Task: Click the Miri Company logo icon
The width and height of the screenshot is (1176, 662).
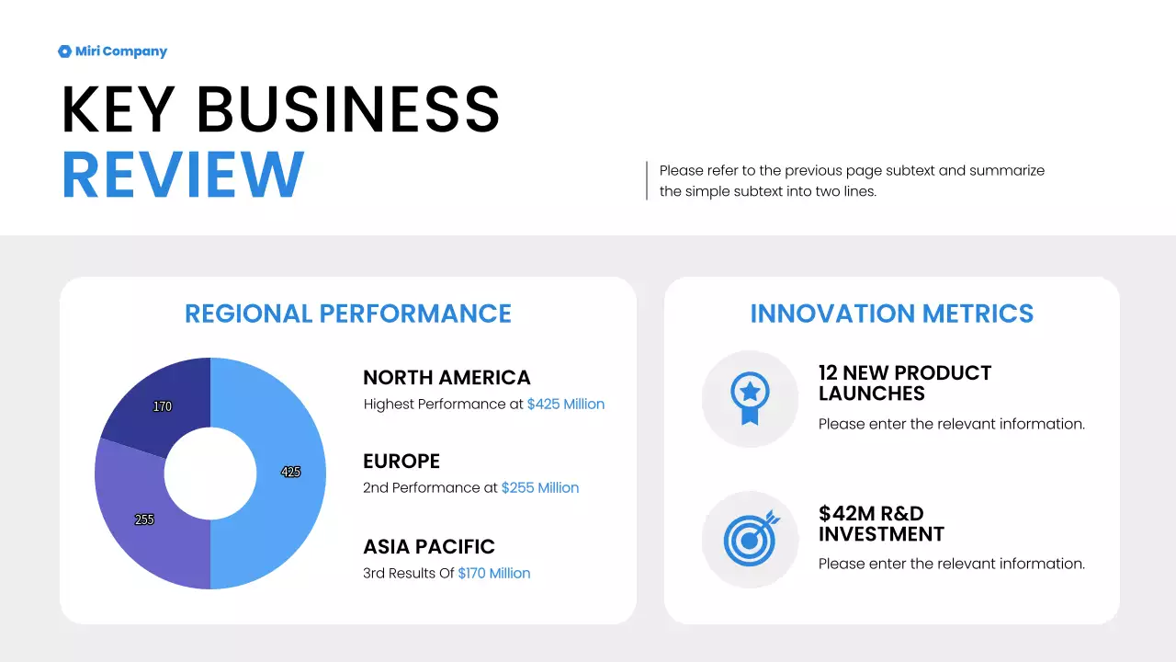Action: click(64, 51)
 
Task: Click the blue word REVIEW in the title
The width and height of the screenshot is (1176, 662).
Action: click(183, 175)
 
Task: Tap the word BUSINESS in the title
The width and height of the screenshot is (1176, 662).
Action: click(348, 109)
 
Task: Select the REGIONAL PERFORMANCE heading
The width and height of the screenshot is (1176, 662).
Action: click(348, 314)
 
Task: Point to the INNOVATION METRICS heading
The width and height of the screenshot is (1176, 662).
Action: click(891, 314)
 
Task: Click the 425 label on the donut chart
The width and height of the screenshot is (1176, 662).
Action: click(290, 472)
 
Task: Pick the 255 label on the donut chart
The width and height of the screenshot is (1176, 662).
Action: click(144, 519)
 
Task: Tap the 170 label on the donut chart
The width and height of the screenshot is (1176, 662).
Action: click(163, 406)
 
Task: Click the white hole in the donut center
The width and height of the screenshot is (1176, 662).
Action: click(210, 474)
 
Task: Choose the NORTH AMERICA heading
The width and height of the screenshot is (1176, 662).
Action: click(447, 378)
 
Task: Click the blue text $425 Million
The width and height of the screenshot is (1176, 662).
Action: click(565, 405)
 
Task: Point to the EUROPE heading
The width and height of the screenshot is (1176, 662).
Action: click(401, 462)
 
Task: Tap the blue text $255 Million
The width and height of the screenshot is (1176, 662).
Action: click(539, 488)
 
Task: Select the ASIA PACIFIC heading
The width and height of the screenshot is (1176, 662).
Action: click(429, 547)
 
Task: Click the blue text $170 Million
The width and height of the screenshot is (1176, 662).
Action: click(493, 574)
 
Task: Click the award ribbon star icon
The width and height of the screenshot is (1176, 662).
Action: click(750, 398)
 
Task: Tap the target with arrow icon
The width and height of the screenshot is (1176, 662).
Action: click(751, 538)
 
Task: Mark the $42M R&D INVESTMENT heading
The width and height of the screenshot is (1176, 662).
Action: click(880, 523)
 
